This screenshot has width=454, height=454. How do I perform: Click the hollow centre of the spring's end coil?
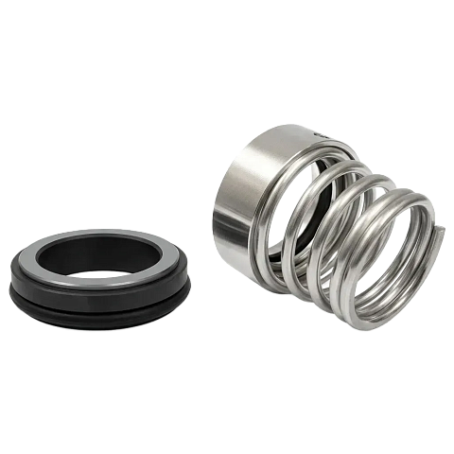(x=383, y=251)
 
